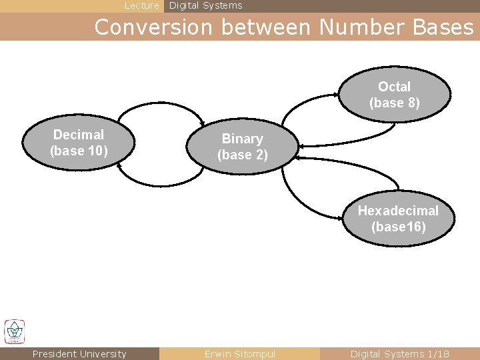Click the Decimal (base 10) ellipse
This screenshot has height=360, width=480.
click(79, 143)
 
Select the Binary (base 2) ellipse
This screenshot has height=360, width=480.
click(243, 147)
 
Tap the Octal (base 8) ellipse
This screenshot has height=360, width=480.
click(395, 95)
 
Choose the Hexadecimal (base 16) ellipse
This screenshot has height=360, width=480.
click(399, 219)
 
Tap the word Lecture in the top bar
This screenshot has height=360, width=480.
click(142, 6)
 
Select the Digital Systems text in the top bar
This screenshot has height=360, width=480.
click(206, 6)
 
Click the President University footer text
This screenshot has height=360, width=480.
click(79, 354)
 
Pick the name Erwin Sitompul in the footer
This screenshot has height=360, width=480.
click(240, 354)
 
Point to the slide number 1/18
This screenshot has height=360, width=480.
click(438, 354)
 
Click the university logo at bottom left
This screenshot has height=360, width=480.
click(14, 331)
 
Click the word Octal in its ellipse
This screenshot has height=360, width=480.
click(395, 87)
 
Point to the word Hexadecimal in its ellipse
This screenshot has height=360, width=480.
click(399, 211)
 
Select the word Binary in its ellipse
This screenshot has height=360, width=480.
click(243, 139)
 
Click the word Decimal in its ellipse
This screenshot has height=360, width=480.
click(79, 135)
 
